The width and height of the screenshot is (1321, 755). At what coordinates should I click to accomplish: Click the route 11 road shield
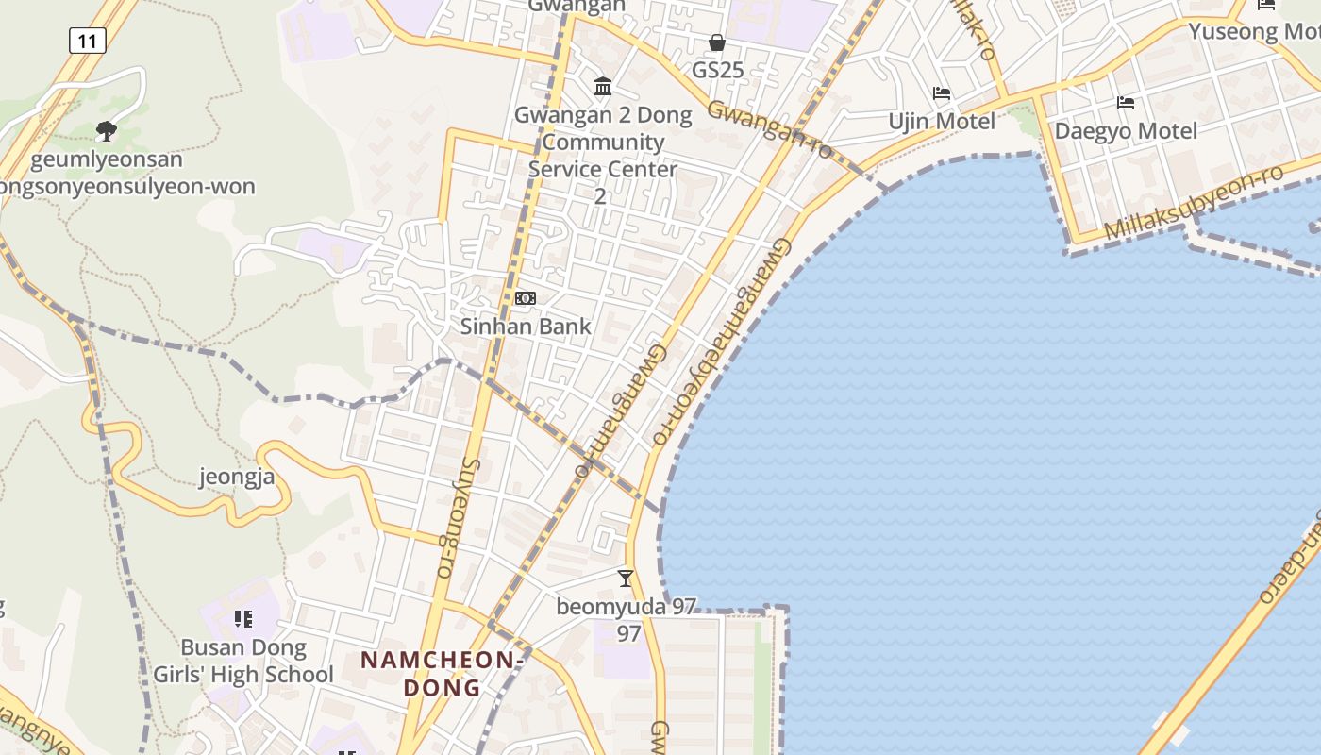coord(87,41)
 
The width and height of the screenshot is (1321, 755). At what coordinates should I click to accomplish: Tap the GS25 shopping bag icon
coord(717,43)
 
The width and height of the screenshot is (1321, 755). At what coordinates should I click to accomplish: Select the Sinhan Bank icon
coord(526,298)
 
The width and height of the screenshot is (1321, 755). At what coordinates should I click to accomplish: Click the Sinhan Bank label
coord(526,327)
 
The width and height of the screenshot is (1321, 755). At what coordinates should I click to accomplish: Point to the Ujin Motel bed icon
coord(942,93)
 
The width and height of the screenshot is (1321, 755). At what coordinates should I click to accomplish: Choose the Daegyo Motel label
coord(1125,131)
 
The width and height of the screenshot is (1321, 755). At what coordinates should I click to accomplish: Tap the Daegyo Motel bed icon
coord(1125,103)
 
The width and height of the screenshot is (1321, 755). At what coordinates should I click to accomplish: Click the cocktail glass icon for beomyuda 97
coord(625,578)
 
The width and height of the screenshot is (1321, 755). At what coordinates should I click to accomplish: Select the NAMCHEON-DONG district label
coord(442,673)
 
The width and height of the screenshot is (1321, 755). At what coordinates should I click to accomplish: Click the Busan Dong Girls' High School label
coord(243,661)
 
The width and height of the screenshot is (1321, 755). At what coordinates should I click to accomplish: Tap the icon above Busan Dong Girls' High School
coord(243,619)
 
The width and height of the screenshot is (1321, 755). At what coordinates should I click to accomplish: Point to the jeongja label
coord(237,477)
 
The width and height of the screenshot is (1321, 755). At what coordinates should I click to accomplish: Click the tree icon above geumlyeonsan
coord(107,130)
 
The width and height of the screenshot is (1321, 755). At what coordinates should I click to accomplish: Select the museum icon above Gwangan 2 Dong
coord(603,87)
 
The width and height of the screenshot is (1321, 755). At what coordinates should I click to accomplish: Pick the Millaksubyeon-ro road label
coord(1194,202)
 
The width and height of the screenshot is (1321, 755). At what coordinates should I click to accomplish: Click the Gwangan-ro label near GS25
coord(771,129)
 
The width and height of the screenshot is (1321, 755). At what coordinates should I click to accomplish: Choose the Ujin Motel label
coord(942,122)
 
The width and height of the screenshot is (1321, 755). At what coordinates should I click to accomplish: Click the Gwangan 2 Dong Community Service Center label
coord(603,155)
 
